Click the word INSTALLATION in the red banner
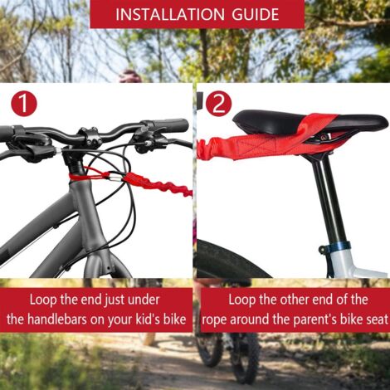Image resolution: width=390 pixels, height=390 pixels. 170,14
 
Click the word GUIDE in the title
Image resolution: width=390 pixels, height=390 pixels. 255,14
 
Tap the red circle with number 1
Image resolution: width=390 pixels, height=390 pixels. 24,104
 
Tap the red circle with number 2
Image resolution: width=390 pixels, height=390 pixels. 219,104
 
